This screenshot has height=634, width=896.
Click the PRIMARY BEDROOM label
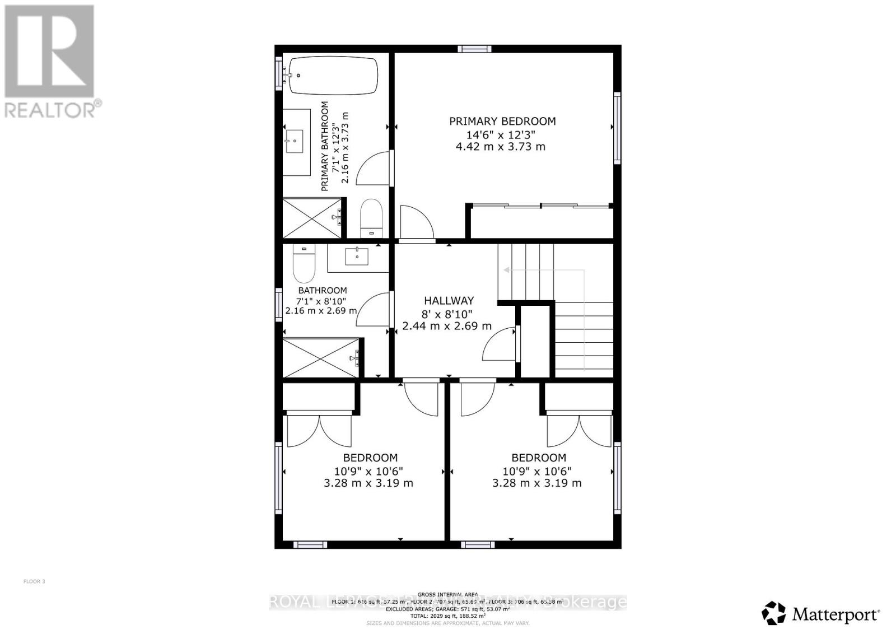pos(502,121)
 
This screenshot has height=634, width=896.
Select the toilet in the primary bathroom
pos(371,217)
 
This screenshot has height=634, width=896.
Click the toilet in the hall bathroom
pos(304,266)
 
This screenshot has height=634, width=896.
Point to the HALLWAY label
pos(449,301)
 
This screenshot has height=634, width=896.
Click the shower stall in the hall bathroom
pos(320,357)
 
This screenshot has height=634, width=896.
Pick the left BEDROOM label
pos(370,458)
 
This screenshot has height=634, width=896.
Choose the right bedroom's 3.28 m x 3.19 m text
pos(536,483)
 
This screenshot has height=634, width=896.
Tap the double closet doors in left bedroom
pos(319,430)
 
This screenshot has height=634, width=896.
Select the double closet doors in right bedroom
pos(580,430)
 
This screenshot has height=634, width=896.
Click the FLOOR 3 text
pos(34,581)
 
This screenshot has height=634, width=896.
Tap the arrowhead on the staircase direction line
pos(506,270)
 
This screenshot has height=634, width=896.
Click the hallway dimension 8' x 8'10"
pos(447,314)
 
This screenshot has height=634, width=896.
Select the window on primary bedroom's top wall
pos(474,49)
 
